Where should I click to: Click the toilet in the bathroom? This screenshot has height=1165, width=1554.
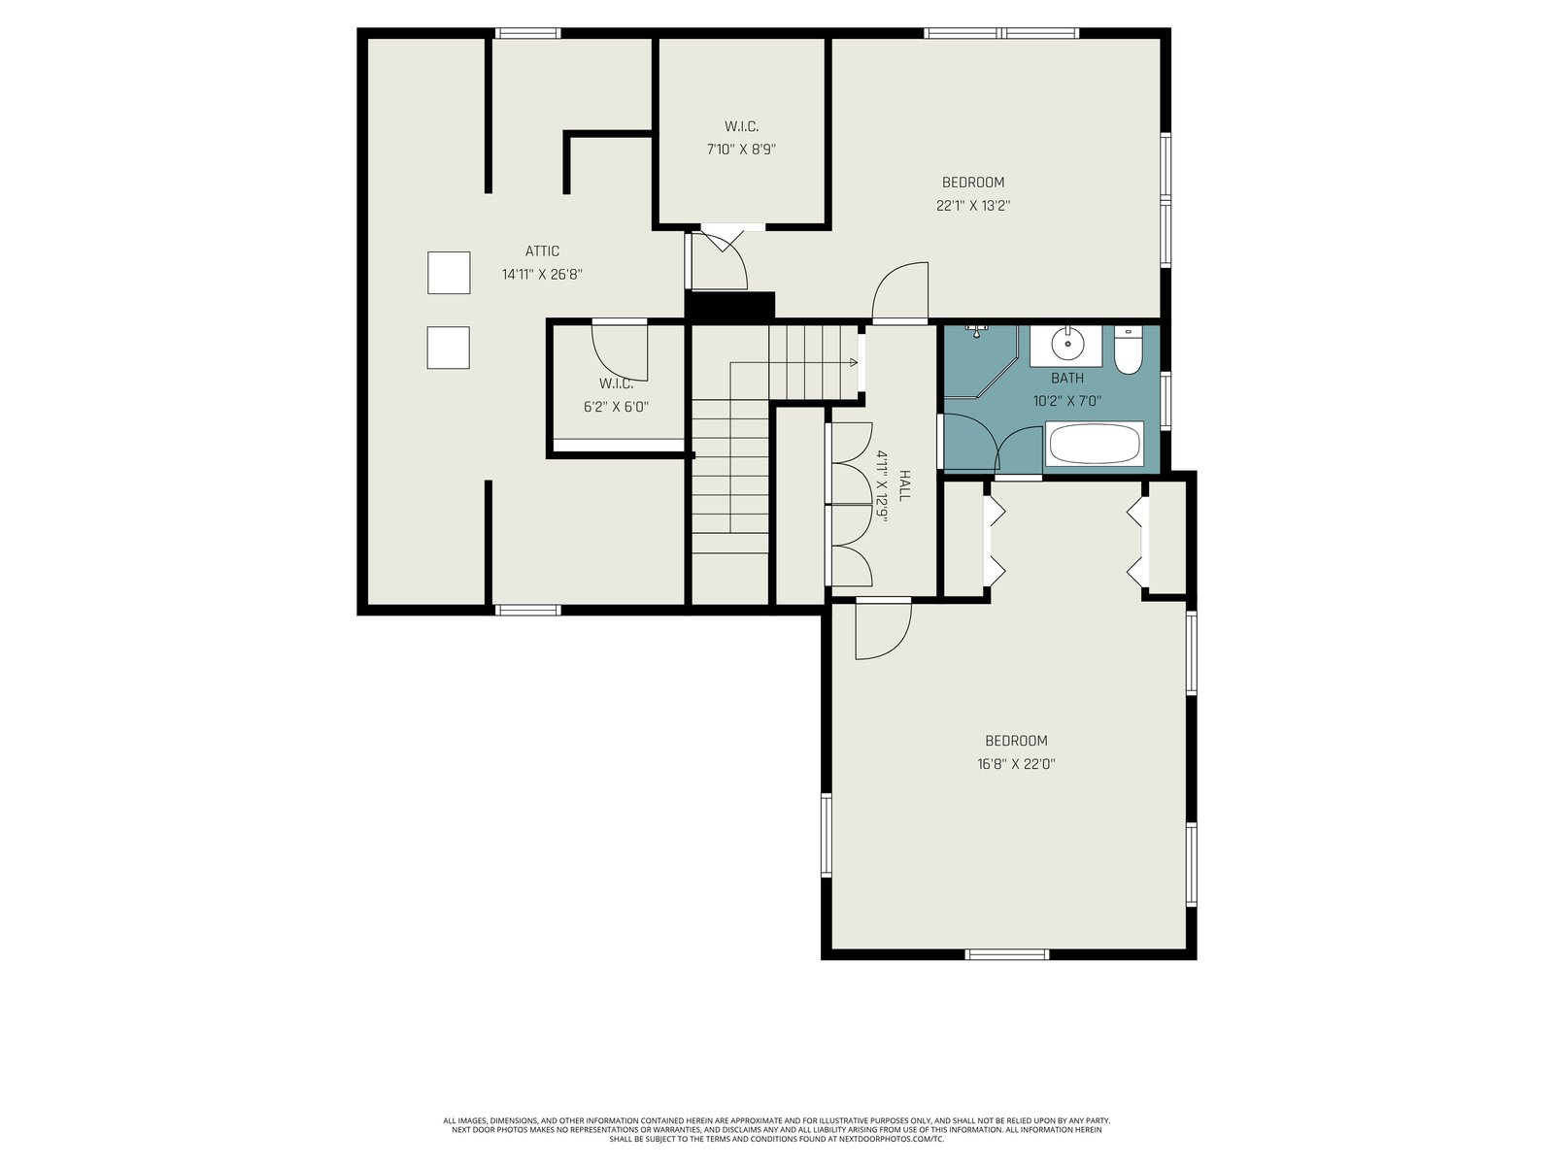(1128, 350)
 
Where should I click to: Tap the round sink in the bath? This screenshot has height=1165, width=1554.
(1066, 346)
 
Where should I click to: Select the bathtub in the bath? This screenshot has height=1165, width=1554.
(1095, 445)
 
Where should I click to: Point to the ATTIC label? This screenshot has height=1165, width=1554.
(542, 251)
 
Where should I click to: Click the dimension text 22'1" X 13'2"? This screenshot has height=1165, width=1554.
(973, 206)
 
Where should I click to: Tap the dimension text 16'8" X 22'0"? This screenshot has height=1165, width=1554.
(1016, 764)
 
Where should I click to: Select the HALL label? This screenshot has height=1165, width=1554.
(904, 485)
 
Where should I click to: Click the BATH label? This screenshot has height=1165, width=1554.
(1066, 378)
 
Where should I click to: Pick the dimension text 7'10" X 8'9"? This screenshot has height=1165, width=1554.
(741, 150)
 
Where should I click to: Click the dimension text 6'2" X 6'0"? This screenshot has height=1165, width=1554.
(616, 407)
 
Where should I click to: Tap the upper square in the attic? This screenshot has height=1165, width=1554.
(449, 273)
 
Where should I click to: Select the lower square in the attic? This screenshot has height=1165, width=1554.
(448, 348)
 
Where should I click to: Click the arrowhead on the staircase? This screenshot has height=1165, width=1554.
(854, 362)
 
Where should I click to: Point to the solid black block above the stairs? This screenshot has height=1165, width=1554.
(730, 306)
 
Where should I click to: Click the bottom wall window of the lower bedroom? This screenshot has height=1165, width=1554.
(1007, 954)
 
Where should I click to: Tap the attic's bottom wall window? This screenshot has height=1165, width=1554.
(527, 610)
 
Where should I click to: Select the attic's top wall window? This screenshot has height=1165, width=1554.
(527, 33)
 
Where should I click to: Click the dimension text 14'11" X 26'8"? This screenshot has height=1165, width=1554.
(542, 275)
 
